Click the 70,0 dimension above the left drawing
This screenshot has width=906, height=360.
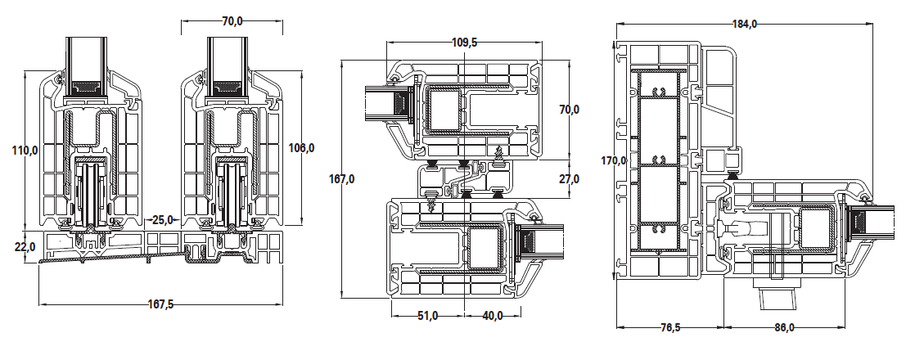(232, 20)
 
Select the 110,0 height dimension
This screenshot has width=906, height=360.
(25, 150)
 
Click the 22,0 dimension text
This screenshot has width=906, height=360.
(24, 244)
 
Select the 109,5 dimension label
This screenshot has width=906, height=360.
(464, 42)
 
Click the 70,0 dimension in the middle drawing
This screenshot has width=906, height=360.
(569, 109)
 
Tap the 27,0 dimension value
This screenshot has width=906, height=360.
(569, 178)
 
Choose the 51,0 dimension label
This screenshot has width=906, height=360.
(427, 315)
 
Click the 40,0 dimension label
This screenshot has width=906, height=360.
(493, 315)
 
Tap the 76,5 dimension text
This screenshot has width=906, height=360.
(669, 327)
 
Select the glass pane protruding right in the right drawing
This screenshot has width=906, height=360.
(873, 223)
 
